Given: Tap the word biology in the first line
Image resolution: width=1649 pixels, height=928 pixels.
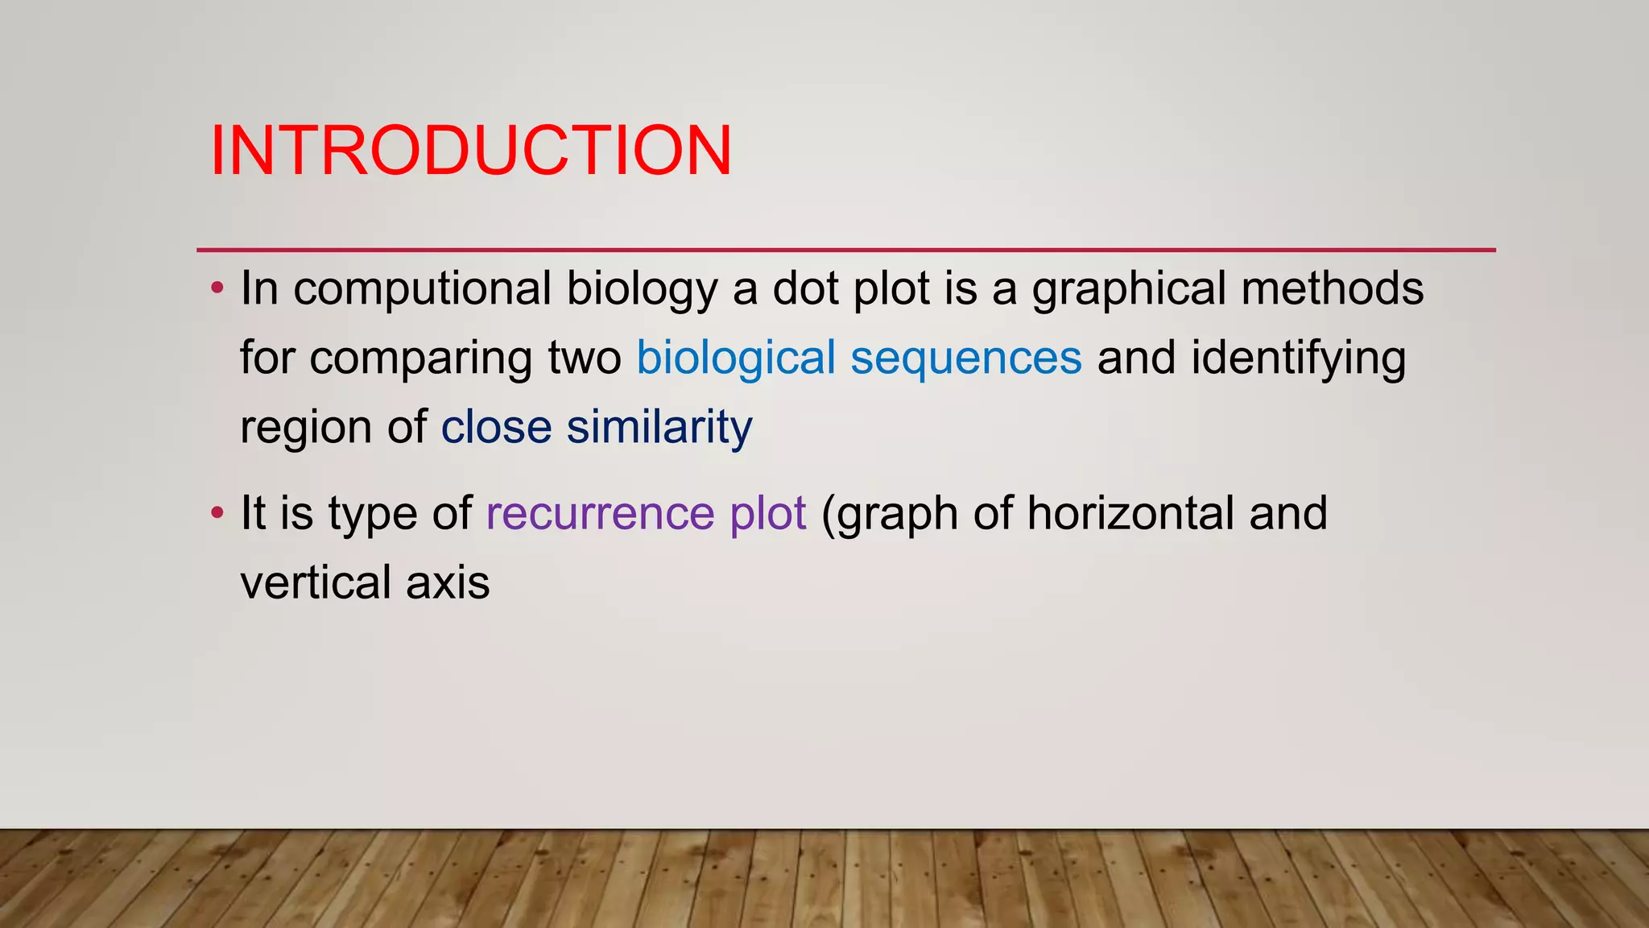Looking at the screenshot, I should click(x=641, y=290).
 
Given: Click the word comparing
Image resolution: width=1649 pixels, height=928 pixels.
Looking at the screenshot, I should click(x=420, y=359).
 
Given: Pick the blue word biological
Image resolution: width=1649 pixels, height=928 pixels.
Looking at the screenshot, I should click(x=736, y=359).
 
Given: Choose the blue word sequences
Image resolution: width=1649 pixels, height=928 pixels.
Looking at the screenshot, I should click(x=965, y=359).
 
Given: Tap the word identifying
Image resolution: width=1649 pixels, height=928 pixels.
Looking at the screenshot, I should click(x=1298, y=359).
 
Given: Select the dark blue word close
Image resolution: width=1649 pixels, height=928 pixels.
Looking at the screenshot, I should click(x=496, y=427).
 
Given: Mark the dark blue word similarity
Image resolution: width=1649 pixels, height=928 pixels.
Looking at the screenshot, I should click(x=659, y=427).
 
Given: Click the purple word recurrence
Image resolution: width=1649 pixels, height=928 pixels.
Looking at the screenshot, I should click(x=600, y=514).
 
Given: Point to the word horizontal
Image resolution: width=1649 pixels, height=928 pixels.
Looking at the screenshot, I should click(x=1130, y=513).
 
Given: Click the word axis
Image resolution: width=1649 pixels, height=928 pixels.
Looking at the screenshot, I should click(x=448, y=582).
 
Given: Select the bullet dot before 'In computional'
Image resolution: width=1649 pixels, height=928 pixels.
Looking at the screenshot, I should click(x=216, y=288).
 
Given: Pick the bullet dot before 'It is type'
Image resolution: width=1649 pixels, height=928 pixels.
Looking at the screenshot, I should click(x=216, y=513).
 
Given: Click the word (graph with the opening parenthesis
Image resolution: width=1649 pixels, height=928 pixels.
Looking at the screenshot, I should click(x=889, y=515).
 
